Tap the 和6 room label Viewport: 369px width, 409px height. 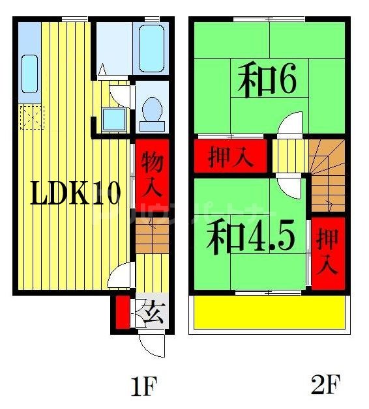[267, 81]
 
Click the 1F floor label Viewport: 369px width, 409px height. [144, 387]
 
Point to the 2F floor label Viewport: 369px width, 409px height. [325, 386]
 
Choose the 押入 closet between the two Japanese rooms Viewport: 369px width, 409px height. [229, 157]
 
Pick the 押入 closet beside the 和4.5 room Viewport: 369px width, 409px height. [327, 252]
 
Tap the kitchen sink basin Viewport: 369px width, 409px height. [30, 74]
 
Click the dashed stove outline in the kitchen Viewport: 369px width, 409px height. [30, 117]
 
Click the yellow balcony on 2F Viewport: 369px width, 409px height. [267, 313]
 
